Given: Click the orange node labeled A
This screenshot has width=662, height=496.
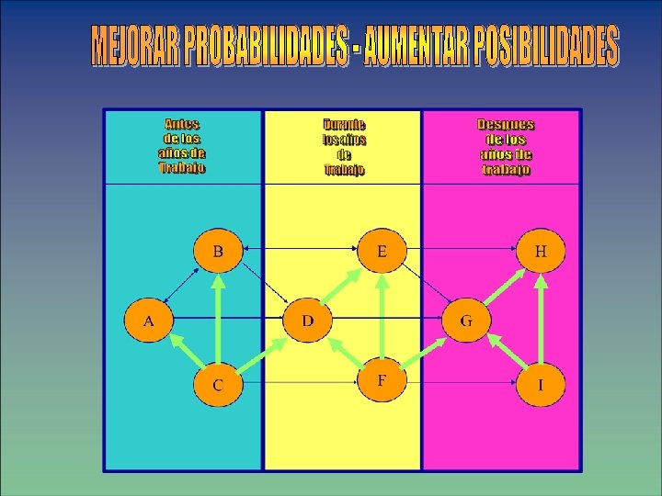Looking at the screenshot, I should click(x=149, y=321).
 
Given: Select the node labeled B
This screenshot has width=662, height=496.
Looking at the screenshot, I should click(x=218, y=250).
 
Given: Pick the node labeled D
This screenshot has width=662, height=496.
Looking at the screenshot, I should click(x=308, y=320).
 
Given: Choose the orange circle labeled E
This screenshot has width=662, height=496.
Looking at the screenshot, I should click(x=382, y=250).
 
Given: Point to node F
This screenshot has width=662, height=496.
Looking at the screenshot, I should click(x=382, y=380).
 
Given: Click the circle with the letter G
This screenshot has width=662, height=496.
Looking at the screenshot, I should click(x=466, y=321).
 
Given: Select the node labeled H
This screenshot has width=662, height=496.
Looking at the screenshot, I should click(x=541, y=250).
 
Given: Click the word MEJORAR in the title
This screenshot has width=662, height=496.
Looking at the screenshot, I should click(x=135, y=46).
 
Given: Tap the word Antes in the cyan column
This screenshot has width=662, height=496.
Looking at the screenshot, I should click(x=182, y=124).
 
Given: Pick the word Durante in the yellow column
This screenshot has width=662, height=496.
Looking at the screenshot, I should click(x=344, y=124).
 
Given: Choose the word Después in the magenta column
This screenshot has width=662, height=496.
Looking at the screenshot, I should click(x=506, y=124).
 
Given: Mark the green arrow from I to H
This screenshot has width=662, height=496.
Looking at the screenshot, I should click(x=541, y=317).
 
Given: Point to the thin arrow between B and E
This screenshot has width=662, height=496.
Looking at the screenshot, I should click(x=300, y=248).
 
